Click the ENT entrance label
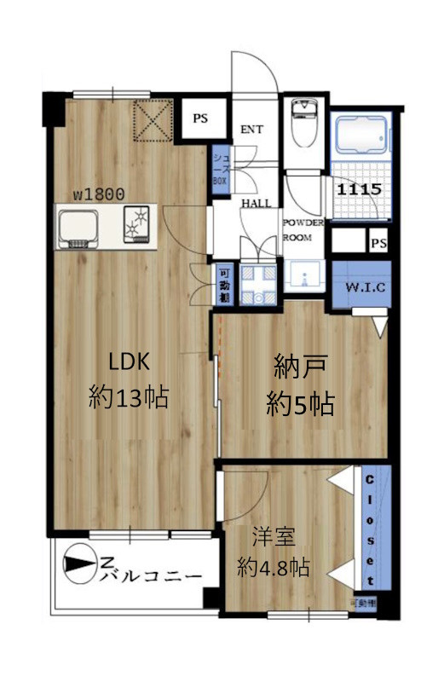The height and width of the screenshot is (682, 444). coord(251,130)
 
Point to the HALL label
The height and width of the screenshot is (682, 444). coord(257,204)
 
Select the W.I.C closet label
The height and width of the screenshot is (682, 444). coord(366,287)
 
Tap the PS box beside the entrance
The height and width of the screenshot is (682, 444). coord(200,118)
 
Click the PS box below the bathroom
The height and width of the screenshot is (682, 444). coord(378,244)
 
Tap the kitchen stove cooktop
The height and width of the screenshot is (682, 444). coord(136,226)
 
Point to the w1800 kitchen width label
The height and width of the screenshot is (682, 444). coord(99,194)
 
